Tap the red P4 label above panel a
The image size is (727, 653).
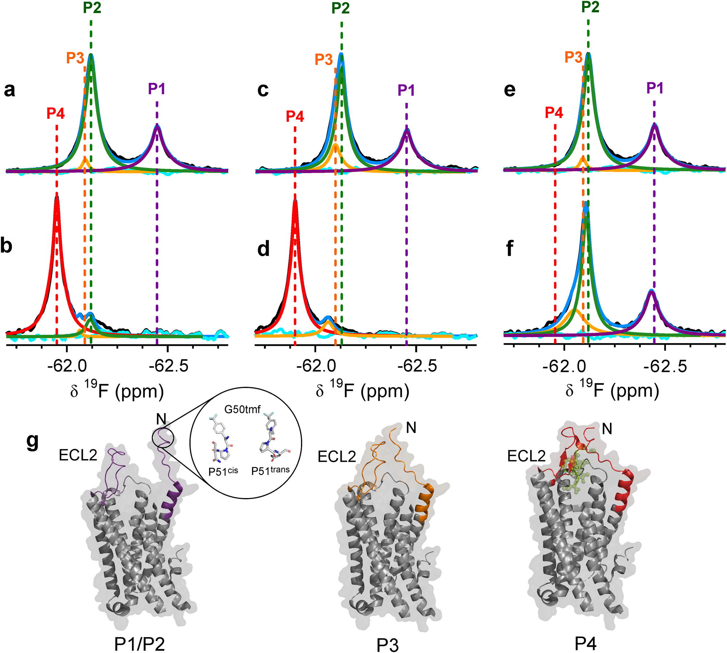(x=56, y=113)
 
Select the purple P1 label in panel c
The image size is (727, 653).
(x=406, y=90)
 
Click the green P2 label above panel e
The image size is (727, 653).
(x=590, y=7)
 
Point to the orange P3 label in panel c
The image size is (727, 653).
(x=324, y=59)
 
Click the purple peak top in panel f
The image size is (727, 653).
(x=651, y=291)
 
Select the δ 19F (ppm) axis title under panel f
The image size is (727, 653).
(x=612, y=391)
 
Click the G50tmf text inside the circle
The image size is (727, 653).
(x=242, y=409)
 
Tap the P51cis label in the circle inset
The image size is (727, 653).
(x=223, y=471)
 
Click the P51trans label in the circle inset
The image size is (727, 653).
(x=270, y=470)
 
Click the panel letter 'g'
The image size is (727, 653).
(x=33, y=441)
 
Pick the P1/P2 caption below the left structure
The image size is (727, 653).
(x=140, y=644)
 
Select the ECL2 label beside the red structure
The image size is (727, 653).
(x=526, y=456)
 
